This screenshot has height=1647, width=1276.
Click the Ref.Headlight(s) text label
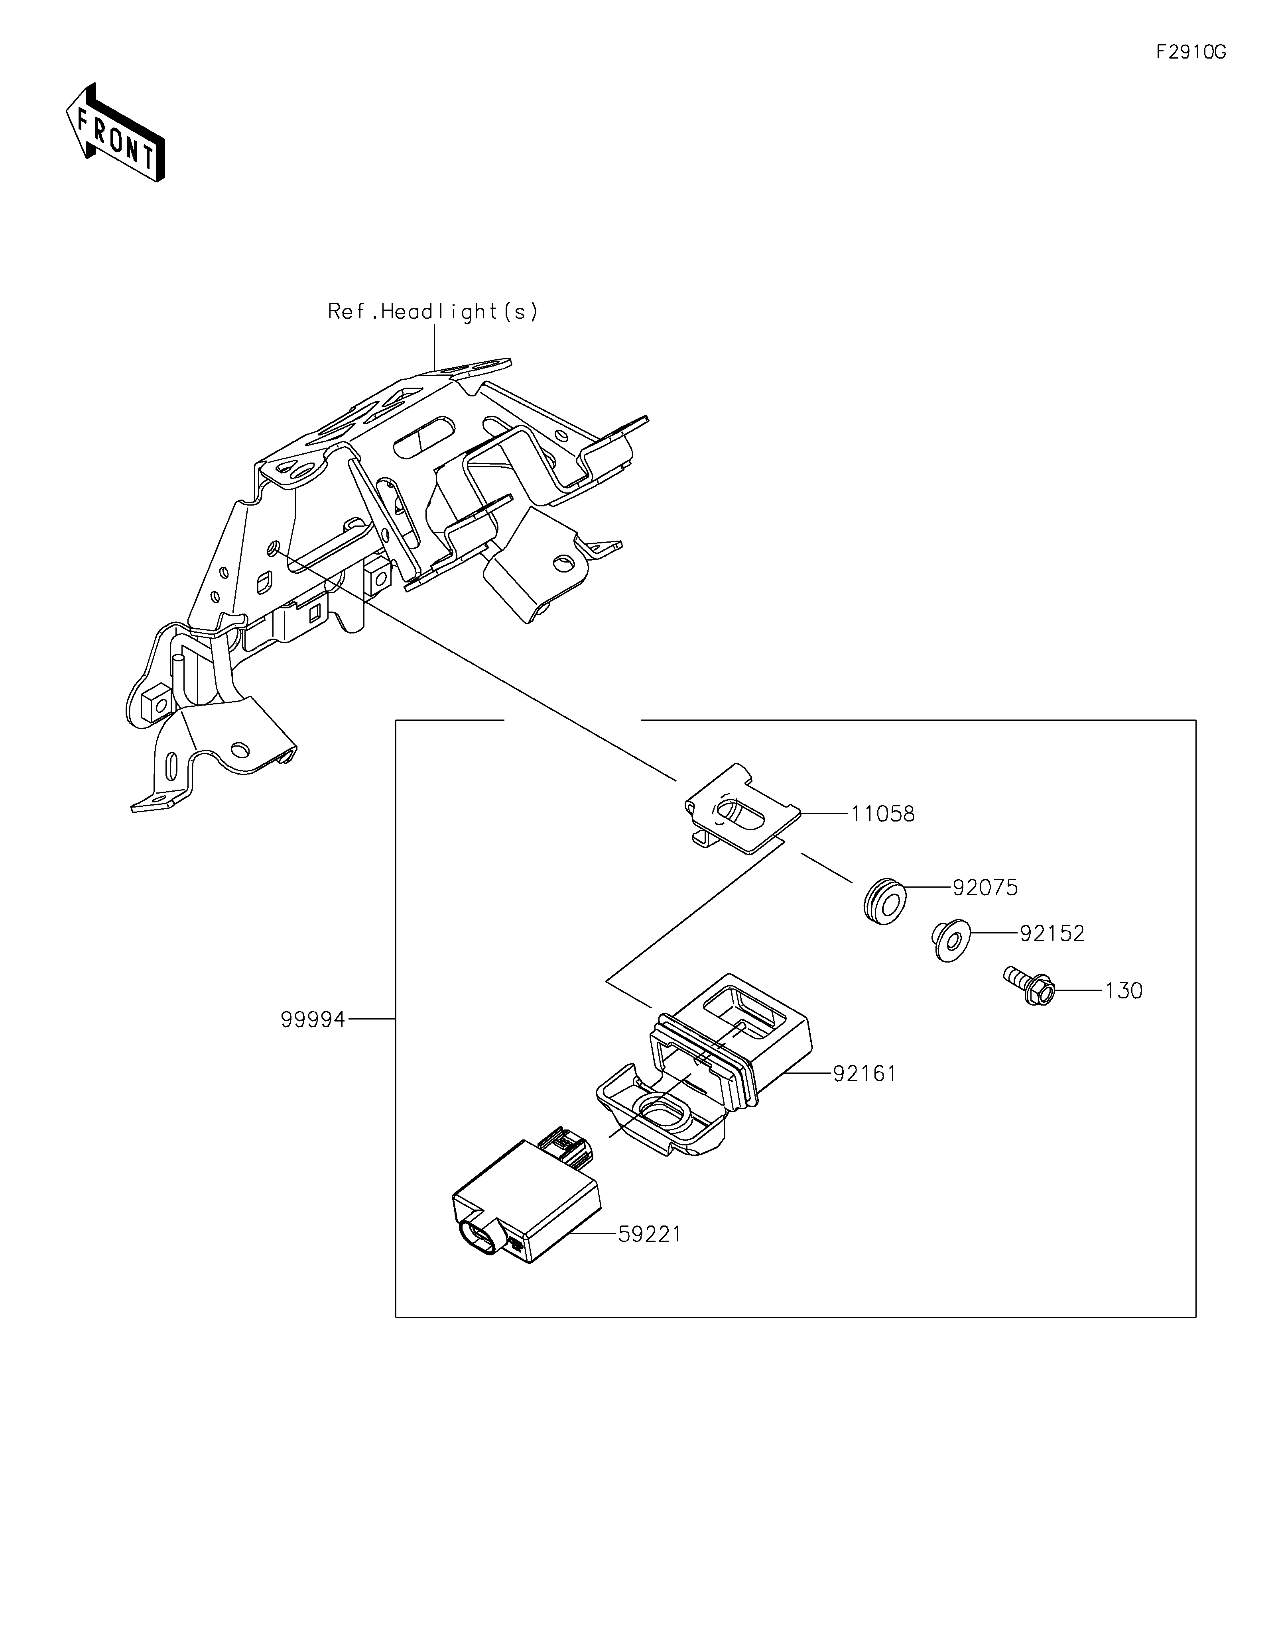433,312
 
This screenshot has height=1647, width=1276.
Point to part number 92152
1052,933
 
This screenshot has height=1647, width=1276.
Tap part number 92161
865,1074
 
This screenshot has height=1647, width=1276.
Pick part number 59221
650,1235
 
